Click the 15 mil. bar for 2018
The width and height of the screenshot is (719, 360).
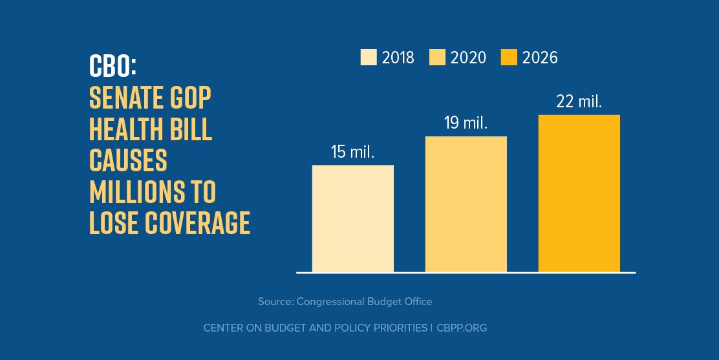point(352,218)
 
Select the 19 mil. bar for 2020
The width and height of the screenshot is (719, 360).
point(466,204)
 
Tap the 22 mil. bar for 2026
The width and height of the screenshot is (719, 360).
point(579,193)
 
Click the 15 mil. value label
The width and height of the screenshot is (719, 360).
point(352,153)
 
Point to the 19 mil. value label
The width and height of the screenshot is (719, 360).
point(466,123)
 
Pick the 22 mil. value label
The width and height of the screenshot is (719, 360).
point(579,101)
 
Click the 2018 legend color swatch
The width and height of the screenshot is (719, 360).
point(368,58)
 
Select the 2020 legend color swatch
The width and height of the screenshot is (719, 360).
point(436,58)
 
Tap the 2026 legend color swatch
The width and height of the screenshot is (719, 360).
point(509,58)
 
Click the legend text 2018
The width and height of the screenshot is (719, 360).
point(398,58)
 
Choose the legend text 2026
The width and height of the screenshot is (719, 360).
point(540,58)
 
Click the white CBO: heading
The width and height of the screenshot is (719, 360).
point(114,66)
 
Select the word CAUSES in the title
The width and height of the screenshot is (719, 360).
point(128,160)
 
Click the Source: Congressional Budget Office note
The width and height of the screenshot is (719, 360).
point(345,301)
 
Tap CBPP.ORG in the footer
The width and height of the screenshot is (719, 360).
point(462,328)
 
